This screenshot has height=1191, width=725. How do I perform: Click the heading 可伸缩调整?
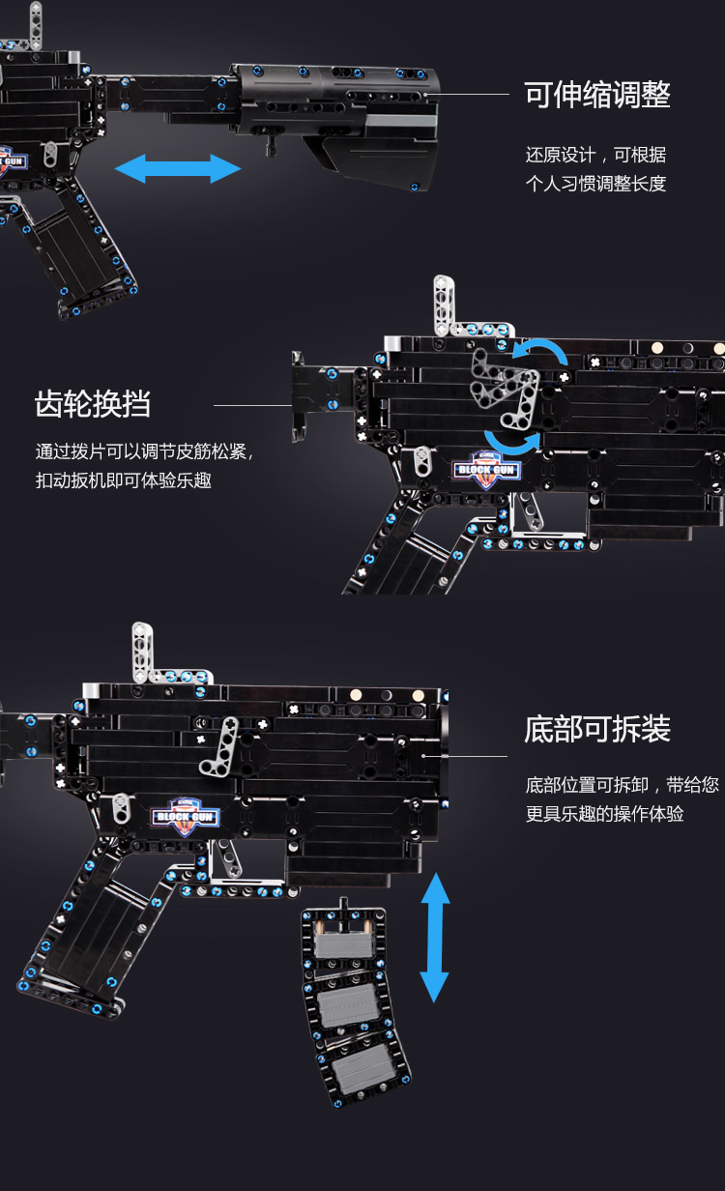596,96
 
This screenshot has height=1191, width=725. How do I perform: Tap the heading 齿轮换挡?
93,404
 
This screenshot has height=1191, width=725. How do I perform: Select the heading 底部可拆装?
596,729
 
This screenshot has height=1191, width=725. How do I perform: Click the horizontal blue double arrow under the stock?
178,169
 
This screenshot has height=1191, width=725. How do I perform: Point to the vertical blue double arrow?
435,937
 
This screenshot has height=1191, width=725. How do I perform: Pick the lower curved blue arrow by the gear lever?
512,444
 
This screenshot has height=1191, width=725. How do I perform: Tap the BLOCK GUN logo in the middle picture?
486,469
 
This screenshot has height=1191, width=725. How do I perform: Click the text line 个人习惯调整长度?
595,184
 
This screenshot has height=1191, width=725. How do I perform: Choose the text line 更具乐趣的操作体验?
604,814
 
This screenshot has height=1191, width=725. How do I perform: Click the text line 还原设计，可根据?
595,155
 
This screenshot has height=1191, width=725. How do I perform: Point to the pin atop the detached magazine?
344,908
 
